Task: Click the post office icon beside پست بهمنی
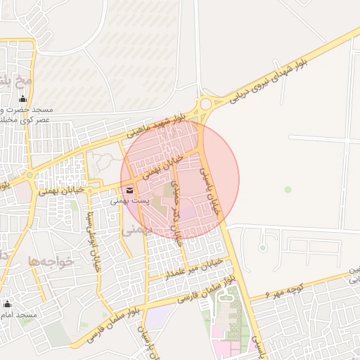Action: [129, 190]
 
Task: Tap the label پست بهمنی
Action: [129, 201]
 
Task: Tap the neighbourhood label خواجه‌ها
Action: [51, 261]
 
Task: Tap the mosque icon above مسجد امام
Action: [8, 304]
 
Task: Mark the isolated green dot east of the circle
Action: [288, 189]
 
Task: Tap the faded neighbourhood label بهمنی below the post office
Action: [137, 229]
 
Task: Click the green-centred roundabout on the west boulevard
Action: [30, 175]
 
